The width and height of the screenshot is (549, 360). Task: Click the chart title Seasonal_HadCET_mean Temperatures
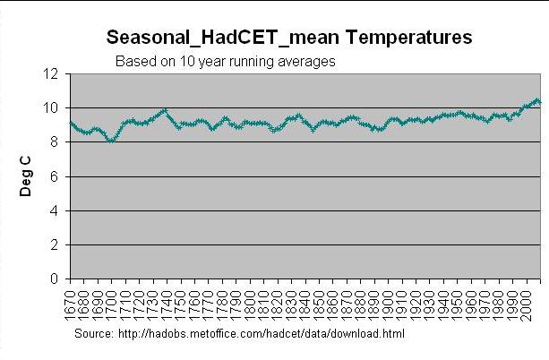(288, 39)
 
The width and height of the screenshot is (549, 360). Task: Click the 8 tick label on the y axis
(56, 142)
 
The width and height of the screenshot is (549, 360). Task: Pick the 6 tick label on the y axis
(56, 176)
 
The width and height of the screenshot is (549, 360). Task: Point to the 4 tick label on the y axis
(56, 210)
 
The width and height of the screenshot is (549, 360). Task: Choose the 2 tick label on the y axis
(56, 244)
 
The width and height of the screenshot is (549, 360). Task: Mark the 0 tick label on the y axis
(56, 279)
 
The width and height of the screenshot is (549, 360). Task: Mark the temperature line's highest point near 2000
(536, 100)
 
